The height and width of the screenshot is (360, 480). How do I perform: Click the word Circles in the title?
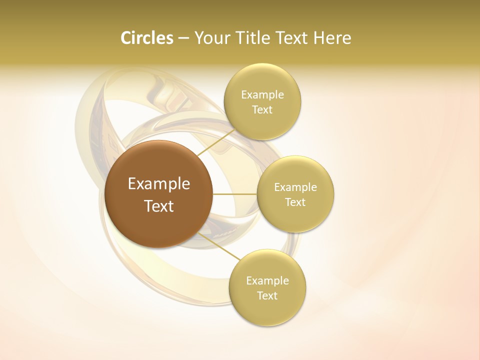(146, 38)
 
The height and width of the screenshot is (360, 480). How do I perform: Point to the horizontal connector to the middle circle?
(234, 193)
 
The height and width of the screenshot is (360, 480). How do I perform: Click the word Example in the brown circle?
(159, 184)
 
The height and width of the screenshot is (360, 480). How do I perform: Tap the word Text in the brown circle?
(159, 206)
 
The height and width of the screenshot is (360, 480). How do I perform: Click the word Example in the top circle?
(262, 95)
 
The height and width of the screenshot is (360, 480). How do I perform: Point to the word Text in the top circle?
(262, 110)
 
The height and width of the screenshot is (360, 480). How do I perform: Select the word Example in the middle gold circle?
(295, 187)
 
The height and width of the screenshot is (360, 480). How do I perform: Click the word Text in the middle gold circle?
(295, 202)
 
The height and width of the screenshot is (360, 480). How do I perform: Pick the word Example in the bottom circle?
(267, 281)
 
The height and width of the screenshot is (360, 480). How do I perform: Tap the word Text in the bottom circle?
(267, 296)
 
